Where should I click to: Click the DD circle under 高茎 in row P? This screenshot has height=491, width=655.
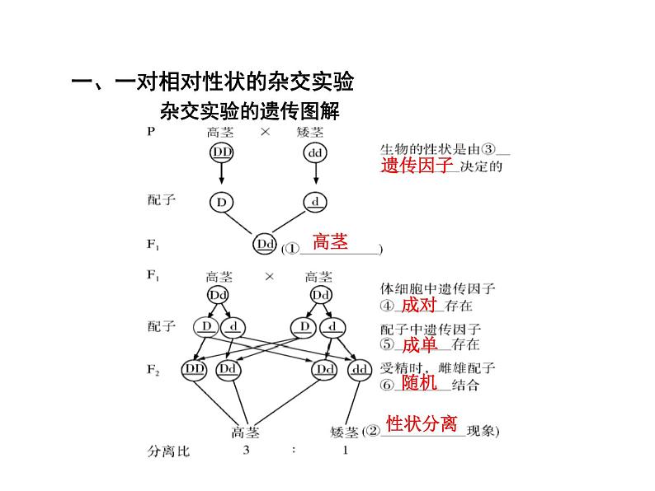tap(222, 153)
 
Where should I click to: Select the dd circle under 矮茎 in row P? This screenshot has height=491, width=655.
tap(315, 153)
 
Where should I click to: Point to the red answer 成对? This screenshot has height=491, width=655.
tap(419, 305)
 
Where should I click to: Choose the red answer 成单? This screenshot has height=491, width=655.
tap(419, 344)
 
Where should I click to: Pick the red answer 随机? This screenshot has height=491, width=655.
tap(419, 383)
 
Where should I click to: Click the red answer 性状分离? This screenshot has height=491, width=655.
tap(422, 424)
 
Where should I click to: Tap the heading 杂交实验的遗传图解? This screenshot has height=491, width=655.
tap(250, 110)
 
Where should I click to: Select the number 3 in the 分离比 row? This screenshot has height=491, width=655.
tap(246, 451)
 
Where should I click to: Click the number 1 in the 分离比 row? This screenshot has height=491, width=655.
tap(345, 451)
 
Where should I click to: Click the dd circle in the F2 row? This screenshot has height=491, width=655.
tap(360, 370)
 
